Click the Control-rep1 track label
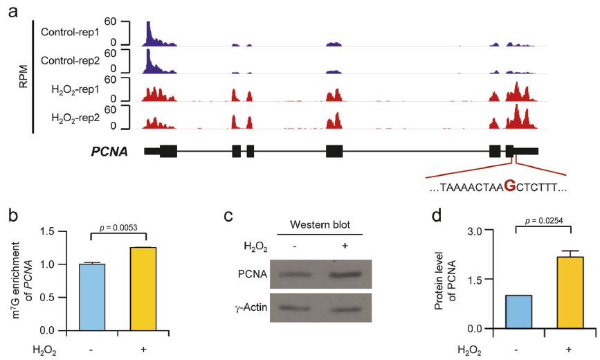pyautogui.click(x=70, y=32)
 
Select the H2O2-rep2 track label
pyautogui.click(x=75, y=118)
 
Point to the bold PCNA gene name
pyautogui.click(x=109, y=152)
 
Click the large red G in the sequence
pyautogui.click(x=510, y=186)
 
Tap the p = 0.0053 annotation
pyautogui.click(x=118, y=228)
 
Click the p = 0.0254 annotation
pyautogui.click(x=543, y=221)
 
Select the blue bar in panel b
pyautogui.click(x=92, y=297)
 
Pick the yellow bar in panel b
pyautogui.click(x=143, y=289)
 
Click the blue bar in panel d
pyautogui.click(x=518, y=312)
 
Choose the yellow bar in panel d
pyautogui.click(x=570, y=293)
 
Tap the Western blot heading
pyautogui.click(x=320, y=224)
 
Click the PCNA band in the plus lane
pyautogui.click(x=345, y=274)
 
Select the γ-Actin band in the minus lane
pyautogui.click(x=294, y=307)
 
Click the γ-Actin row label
pyautogui.click(x=251, y=307)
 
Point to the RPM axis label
pyautogui.click(x=24, y=77)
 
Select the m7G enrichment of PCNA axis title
pyautogui.click(x=22, y=282)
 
